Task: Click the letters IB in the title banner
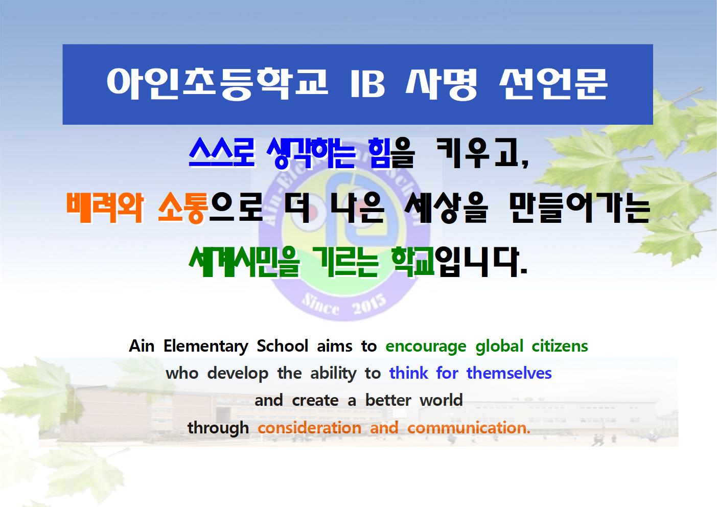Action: click(368, 83)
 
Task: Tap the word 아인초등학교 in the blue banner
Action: click(217, 84)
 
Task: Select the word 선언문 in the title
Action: click(553, 84)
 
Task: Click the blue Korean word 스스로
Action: click(221, 153)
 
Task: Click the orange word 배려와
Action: click(105, 208)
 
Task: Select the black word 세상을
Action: click(447, 208)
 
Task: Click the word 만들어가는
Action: click(580, 208)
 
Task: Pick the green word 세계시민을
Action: click(244, 262)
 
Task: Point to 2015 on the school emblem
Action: click(369, 305)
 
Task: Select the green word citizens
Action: click(560, 346)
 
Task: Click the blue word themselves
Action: click(509, 373)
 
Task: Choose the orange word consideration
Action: click(310, 428)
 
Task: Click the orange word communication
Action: click(469, 428)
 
